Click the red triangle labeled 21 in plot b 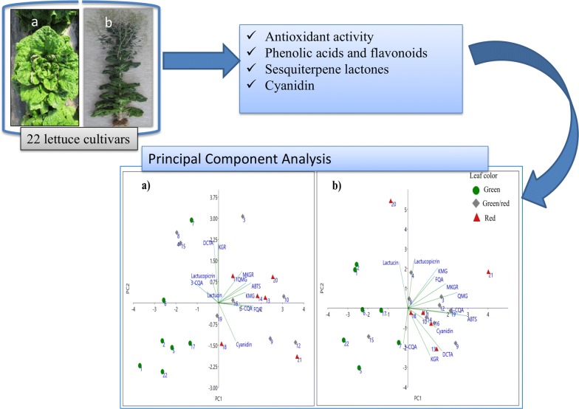coord(488,272)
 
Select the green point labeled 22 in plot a coord(163,372)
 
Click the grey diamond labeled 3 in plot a coord(242,217)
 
